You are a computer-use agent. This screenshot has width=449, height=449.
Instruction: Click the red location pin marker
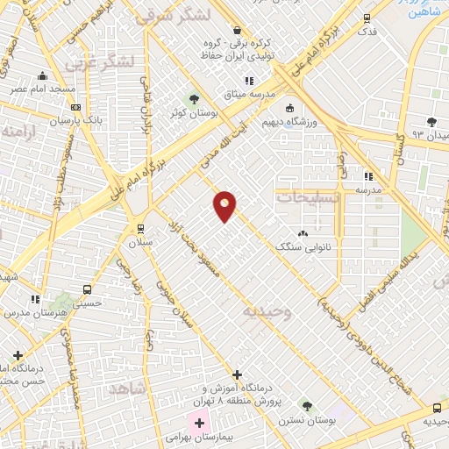[225, 205]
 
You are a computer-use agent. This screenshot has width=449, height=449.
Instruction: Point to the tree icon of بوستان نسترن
[306, 406]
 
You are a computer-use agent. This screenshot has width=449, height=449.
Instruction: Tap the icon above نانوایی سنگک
[304, 233]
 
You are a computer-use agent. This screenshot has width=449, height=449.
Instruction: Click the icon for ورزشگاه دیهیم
[289, 108]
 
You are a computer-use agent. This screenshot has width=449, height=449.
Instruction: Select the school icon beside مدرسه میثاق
[250, 81]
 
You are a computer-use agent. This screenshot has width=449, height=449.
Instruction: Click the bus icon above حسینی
[87, 289]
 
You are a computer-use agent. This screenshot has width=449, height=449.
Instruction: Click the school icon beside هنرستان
[36, 299]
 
